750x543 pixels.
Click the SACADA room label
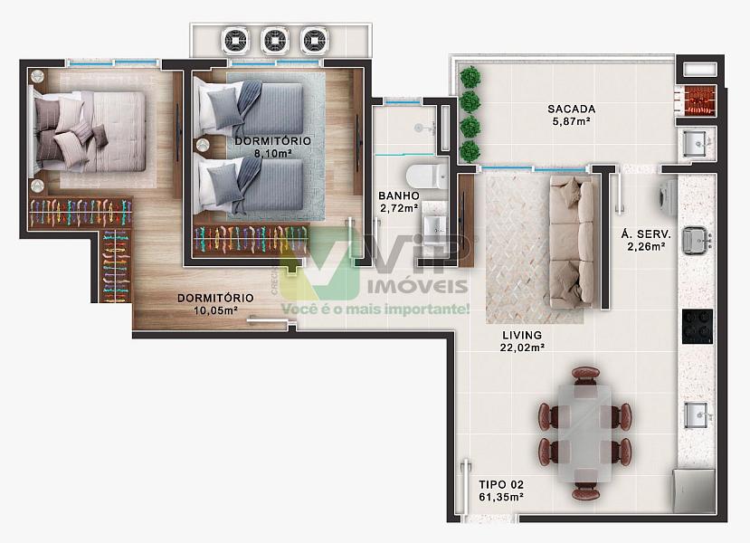[571, 110]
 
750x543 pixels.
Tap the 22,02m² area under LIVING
[522, 348]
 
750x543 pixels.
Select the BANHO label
[398, 195]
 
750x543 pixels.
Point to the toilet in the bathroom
[426, 177]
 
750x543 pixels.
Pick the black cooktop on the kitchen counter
[698, 327]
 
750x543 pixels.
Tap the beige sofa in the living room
[572, 242]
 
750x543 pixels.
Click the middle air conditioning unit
[275, 41]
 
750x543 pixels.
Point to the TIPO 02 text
[501, 485]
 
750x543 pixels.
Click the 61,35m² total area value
[501, 498]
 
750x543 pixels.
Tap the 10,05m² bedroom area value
[215, 310]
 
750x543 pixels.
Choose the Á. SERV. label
[646, 234]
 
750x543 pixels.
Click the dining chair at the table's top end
[585, 376]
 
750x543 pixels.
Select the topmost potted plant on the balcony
[470, 77]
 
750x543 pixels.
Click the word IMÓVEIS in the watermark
[418, 286]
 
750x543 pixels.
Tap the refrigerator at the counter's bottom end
[694, 491]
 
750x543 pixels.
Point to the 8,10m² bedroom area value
[272, 154]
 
